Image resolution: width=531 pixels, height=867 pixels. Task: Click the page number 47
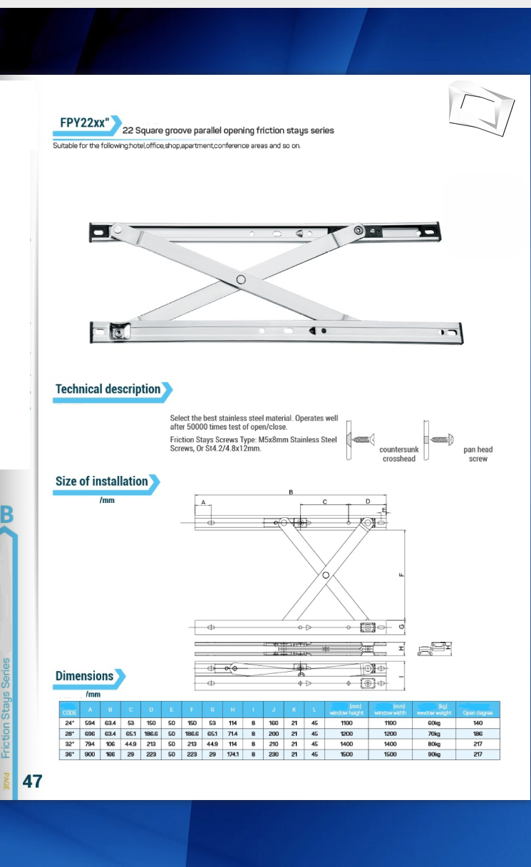tap(32, 781)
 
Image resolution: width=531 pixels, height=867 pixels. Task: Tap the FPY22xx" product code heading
tap(84, 123)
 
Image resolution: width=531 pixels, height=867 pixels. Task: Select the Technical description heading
tap(108, 389)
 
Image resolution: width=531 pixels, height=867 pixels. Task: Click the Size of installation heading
tap(102, 481)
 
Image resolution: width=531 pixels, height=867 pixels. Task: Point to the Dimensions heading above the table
tap(85, 675)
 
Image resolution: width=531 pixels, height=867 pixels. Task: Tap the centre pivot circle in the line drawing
tap(326, 574)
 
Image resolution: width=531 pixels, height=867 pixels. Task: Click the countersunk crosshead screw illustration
tap(361, 440)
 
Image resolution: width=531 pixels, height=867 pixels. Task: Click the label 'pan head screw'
tap(478, 455)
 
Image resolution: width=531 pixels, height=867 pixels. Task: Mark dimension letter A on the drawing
tap(203, 503)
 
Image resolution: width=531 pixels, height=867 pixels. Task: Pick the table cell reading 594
tap(91, 723)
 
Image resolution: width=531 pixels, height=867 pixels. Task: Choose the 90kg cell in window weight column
tap(434, 752)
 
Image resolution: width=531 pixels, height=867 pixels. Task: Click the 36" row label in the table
tap(70, 752)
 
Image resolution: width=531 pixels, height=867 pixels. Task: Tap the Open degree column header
tap(478, 712)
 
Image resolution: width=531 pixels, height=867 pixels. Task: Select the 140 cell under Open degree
tap(478, 723)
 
